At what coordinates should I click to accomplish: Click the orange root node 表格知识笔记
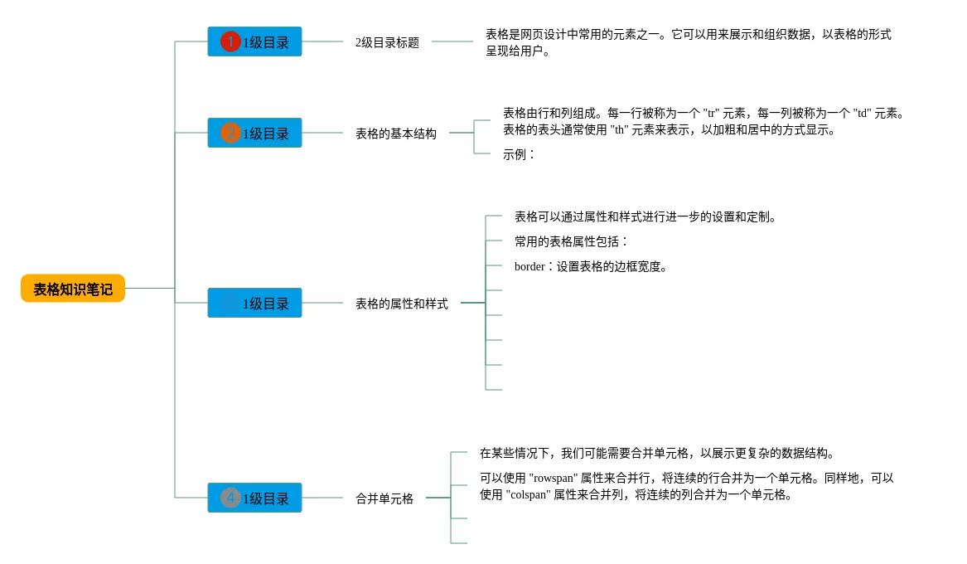click(73, 289)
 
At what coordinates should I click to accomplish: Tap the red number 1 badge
click(230, 41)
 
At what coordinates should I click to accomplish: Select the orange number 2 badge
click(230, 133)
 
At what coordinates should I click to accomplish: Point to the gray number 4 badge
click(230, 498)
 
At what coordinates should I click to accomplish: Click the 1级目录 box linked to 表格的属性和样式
click(254, 303)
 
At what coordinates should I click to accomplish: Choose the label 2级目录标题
click(387, 42)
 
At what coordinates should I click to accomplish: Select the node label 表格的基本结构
click(395, 134)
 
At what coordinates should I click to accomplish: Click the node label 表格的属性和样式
click(401, 304)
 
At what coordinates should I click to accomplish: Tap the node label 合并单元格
click(384, 498)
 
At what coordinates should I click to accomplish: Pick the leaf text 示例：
click(519, 154)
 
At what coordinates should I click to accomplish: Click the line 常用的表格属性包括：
click(571, 241)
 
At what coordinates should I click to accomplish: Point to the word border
click(529, 266)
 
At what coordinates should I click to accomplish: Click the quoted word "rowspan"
click(554, 478)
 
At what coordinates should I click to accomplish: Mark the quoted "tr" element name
click(710, 113)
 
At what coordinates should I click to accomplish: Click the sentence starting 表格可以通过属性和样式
click(645, 216)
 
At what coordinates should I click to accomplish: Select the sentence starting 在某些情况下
click(656, 453)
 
